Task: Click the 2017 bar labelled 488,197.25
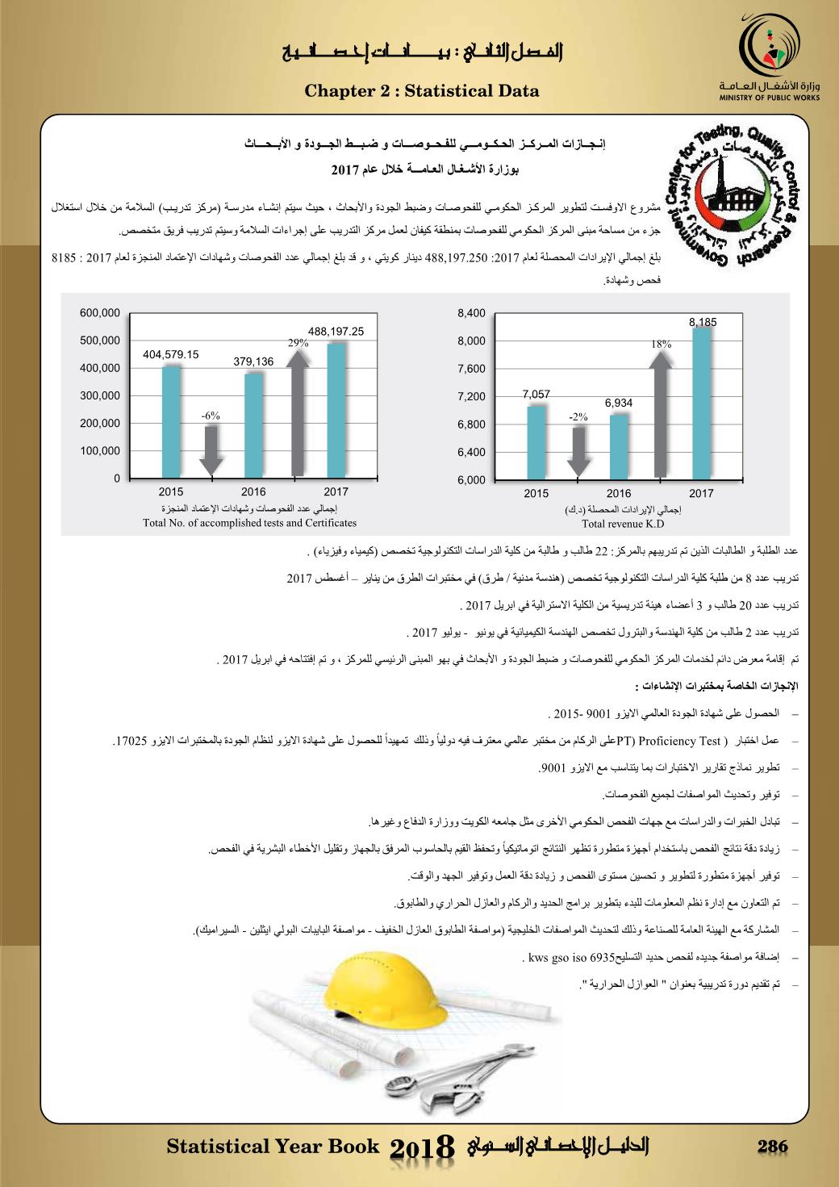336,410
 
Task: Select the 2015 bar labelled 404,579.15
171,421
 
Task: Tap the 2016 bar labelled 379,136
253,424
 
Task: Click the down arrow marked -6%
211,449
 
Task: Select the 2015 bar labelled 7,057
536,442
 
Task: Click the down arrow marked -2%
578,452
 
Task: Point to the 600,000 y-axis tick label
100,313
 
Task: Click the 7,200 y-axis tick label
471,396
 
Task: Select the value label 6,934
619,402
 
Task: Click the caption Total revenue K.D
618,524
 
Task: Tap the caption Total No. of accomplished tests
249,524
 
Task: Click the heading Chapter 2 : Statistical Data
422,91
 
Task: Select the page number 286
772,1147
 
